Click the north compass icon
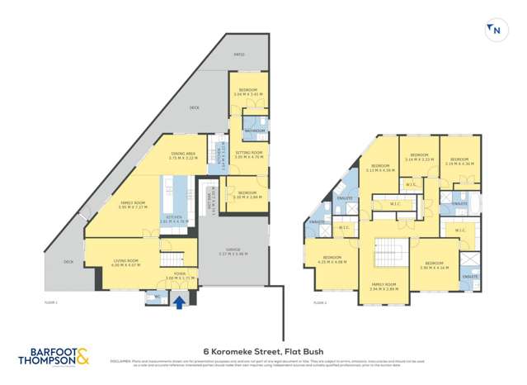click(x=496, y=31)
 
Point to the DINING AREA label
click(x=182, y=154)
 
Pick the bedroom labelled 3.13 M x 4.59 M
click(x=379, y=168)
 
